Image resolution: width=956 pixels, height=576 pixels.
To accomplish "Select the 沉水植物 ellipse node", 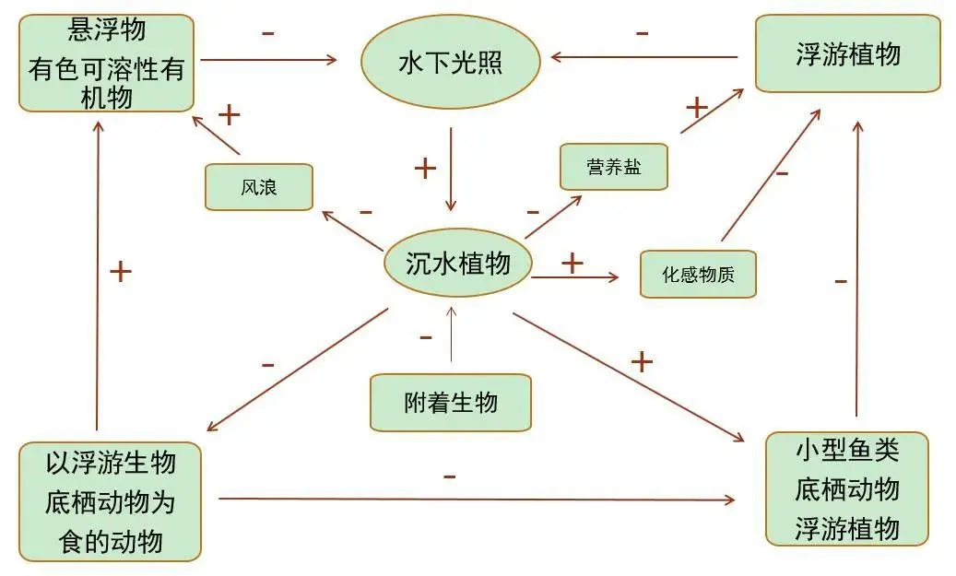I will (x=458, y=264).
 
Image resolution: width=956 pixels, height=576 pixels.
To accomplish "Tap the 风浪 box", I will (x=259, y=187).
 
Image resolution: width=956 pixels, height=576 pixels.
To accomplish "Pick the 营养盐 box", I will (x=613, y=167).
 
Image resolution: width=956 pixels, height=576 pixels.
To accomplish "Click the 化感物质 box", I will (x=698, y=274).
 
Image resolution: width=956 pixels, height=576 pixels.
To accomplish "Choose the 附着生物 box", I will (x=451, y=403).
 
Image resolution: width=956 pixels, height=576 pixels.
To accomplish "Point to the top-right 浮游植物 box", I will (x=847, y=53).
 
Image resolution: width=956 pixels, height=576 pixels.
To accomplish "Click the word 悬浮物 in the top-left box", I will (x=107, y=29).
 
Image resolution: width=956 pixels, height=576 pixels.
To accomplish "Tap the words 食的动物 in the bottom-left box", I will (x=110, y=541).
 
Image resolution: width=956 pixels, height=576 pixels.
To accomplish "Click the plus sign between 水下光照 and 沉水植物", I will (x=425, y=168).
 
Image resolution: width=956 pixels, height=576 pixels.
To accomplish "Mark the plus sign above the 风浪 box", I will (x=228, y=114).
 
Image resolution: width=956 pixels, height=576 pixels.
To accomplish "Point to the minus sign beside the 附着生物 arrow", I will (x=425, y=338).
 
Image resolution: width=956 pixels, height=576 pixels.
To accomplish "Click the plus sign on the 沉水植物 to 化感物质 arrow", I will (x=572, y=263).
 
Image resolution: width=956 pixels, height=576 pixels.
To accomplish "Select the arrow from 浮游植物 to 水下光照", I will (x=645, y=57).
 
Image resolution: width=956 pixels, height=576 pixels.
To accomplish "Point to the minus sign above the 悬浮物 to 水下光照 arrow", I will (x=267, y=33).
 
